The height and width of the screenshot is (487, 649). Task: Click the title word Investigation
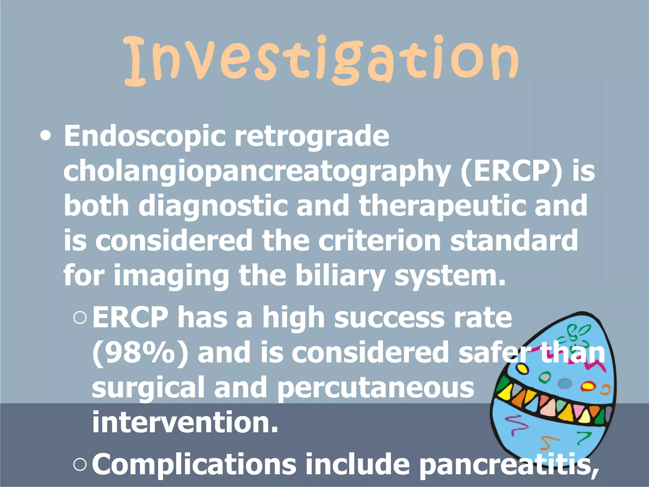(x=321, y=60)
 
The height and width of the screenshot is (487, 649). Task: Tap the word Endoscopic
(x=144, y=136)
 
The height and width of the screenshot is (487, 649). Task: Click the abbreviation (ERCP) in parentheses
(x=511, y=171)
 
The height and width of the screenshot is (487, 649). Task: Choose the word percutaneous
(x=376, y=387)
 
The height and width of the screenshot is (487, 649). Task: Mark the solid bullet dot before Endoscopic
(x=46, y=136)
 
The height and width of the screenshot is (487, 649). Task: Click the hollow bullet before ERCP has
(x=80, y=318)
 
